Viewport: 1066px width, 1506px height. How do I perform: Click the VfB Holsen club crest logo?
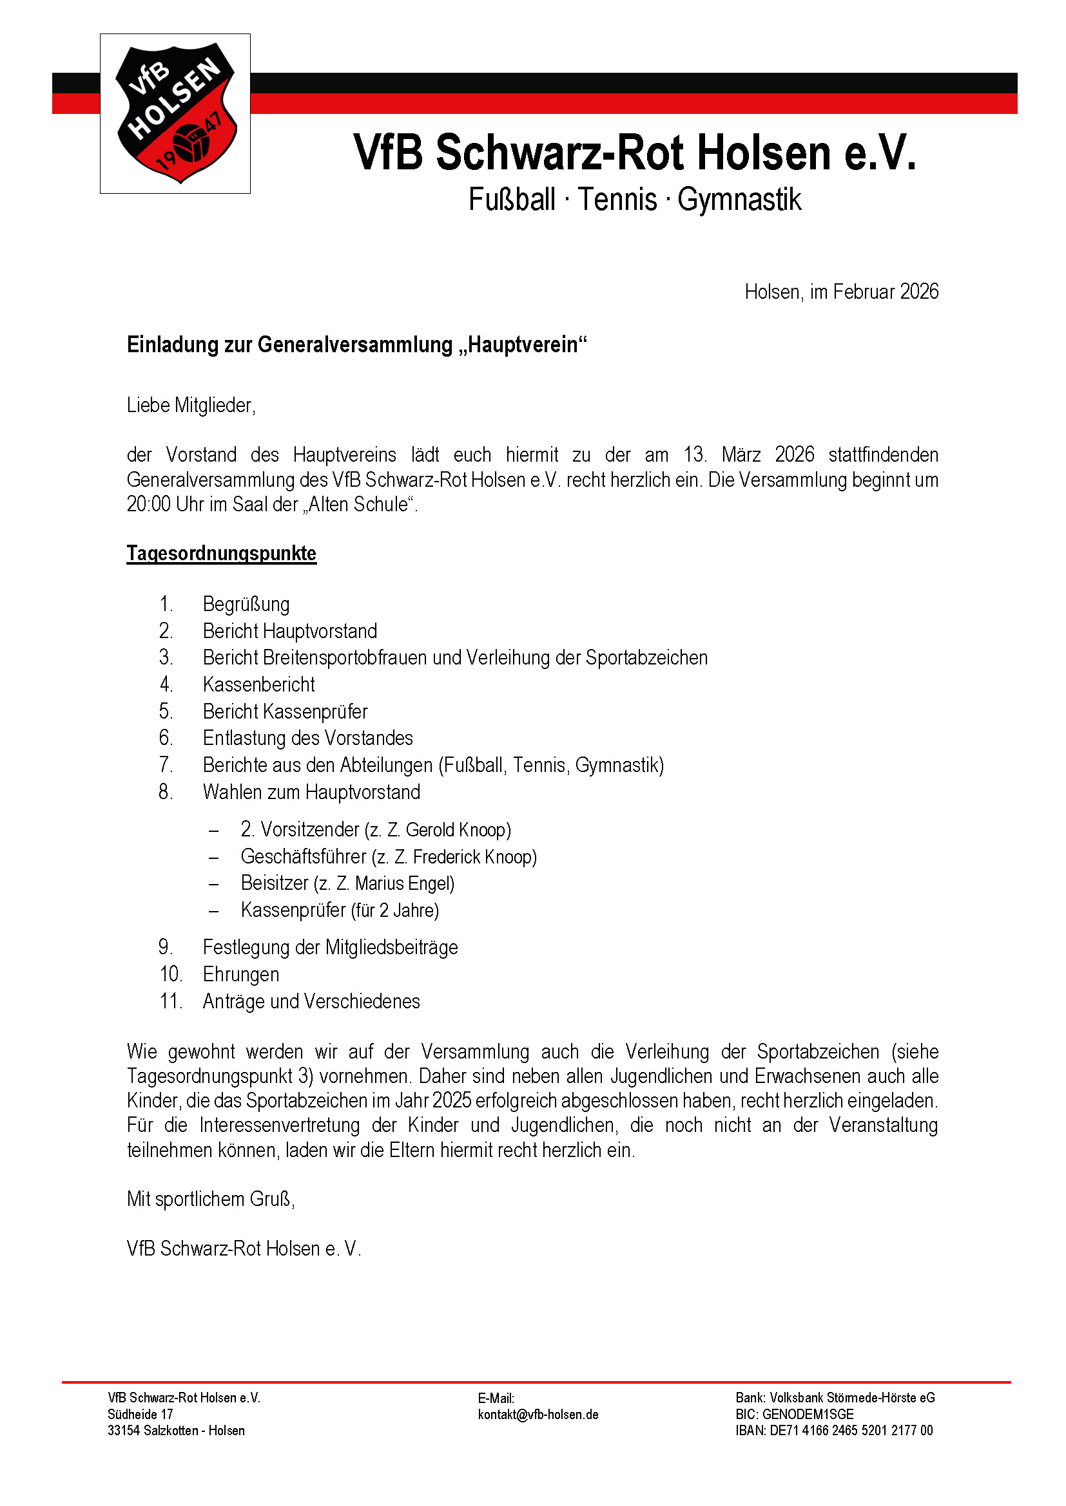pos(175,113)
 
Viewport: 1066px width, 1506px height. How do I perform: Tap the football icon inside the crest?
pos(191,143)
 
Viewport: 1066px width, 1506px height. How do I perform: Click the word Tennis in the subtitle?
pos(617,200)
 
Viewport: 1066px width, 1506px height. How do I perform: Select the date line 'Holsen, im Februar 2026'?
pos(841,292)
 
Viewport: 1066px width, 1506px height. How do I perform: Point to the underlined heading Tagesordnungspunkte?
pos(221,554)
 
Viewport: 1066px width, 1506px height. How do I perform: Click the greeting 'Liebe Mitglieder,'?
pos(191,406)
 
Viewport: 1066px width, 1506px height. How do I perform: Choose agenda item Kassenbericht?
pos(258,685)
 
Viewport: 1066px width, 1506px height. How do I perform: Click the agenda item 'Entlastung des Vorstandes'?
pos(307,739)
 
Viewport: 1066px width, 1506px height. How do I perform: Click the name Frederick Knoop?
pos(472,857)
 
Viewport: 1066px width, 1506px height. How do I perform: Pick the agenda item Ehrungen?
pos(241,975)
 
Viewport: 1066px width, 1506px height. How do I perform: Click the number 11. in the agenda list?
pos(171,1002)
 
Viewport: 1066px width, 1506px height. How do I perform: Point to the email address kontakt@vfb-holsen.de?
pos(538,1414)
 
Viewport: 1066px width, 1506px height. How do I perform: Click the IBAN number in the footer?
pos(851,1431)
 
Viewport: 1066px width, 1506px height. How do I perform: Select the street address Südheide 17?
pos(141,1414)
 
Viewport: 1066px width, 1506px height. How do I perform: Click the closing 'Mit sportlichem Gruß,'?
pos(211,1199)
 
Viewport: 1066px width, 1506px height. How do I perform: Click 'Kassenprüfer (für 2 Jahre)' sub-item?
pos(340,910)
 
